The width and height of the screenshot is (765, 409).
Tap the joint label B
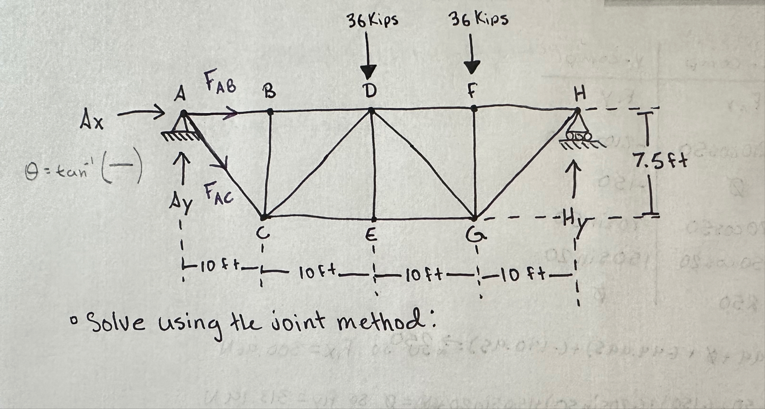268,91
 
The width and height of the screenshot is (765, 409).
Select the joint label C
263,235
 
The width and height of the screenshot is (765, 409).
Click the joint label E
371,235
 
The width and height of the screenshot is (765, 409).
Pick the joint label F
471,91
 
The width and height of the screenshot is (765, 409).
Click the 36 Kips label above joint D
373,20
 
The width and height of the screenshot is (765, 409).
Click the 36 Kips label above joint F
479,19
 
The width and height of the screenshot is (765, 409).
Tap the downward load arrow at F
471,56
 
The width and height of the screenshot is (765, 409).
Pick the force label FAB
220,81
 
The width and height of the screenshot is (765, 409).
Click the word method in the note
387,322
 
